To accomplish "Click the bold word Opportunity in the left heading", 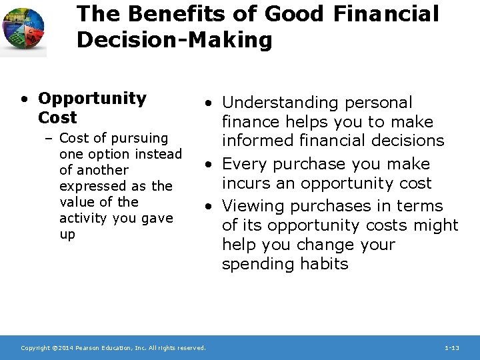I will pos(92,99).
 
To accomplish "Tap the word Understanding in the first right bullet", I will pos(281,103).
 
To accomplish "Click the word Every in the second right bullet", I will pos(244,164).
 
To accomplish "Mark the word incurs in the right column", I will pos(245,183).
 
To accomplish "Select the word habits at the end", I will pos(323,264).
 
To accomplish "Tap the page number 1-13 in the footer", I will pos(451,348).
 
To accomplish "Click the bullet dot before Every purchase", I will pos(209,164).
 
